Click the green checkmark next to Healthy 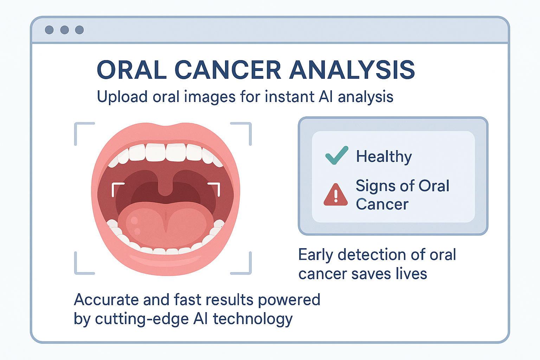pos(337,155)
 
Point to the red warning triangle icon pos(336,195)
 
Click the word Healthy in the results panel pos(384,157)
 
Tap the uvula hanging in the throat pos(165,186)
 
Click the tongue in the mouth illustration pos(166,225)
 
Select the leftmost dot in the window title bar pos(49,30)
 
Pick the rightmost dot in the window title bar pos(79,30)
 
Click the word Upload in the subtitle pos(122,97)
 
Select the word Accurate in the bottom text pos(106,300)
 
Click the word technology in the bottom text pos(253,319)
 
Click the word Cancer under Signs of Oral pos(382,205)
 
